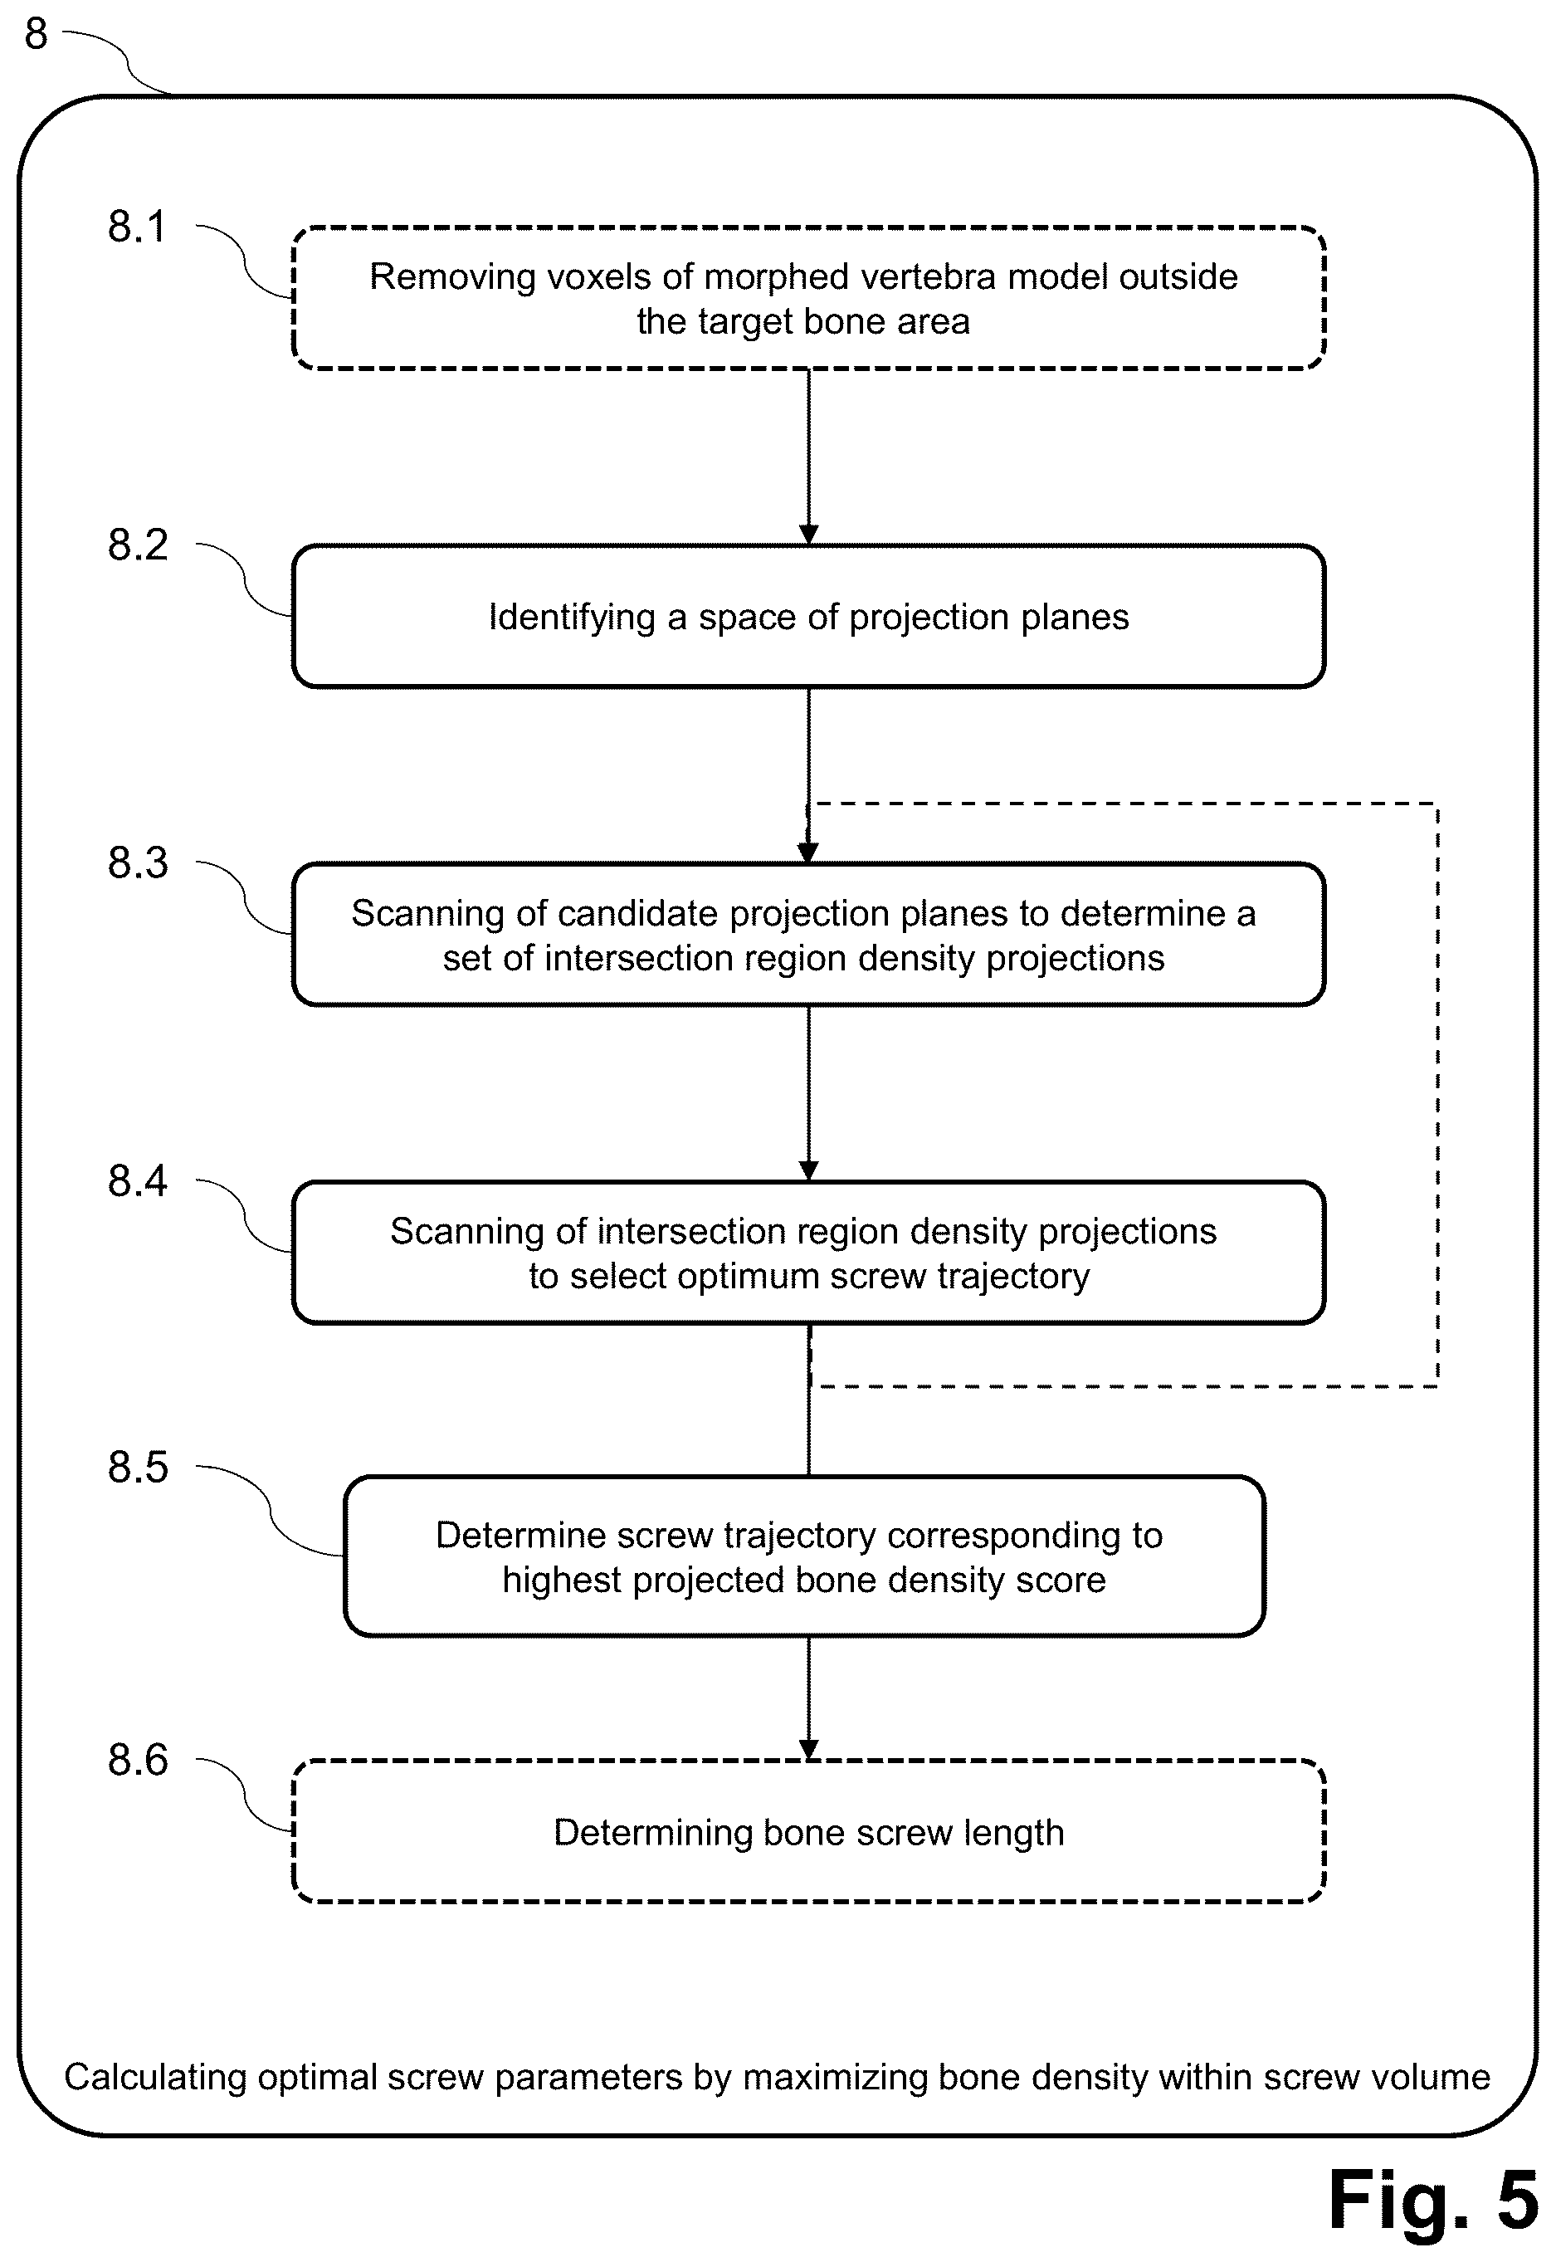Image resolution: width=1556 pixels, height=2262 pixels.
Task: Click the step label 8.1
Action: [138, 227]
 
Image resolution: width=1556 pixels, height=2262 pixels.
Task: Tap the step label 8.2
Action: [138, 545]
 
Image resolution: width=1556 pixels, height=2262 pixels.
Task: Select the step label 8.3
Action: [138, 862]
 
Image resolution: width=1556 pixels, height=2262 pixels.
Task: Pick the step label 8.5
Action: [138, 1467]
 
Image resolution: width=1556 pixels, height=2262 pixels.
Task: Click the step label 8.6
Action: [138, 1760]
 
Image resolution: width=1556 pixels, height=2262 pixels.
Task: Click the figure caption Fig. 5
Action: [1433, 2200]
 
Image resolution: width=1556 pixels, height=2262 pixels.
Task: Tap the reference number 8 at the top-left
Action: [36, 34]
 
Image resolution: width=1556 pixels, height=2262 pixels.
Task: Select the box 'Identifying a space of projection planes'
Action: [808, 616]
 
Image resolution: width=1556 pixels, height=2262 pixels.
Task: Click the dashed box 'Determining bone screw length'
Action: [808, 1832]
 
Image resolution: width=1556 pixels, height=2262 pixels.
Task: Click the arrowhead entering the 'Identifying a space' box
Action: [808, 535]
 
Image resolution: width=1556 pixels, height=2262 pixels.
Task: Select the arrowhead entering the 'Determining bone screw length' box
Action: [808, 1750]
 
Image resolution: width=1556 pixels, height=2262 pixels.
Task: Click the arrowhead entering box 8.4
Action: [808, 1171]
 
